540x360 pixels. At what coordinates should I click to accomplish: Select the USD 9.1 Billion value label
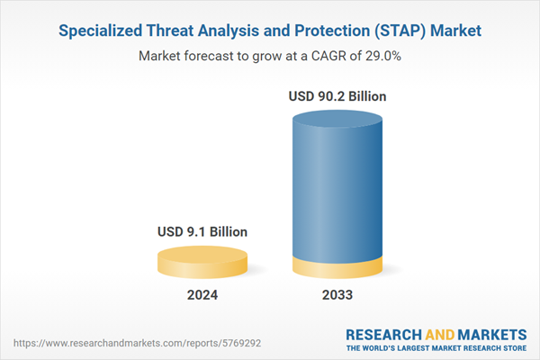point(202,232)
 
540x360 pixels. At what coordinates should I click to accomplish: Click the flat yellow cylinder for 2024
point(202,263)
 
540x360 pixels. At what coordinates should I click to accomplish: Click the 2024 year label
point(202,294)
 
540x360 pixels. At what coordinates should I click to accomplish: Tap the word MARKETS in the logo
point(493,334)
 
